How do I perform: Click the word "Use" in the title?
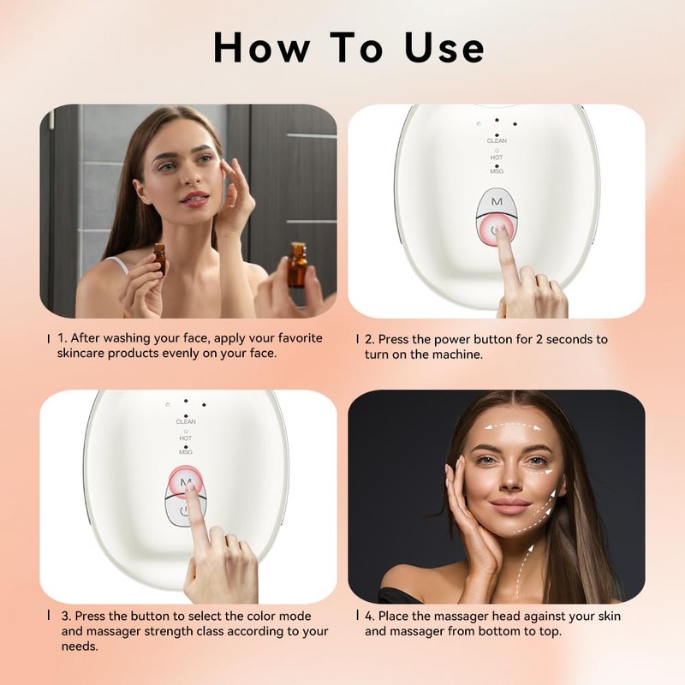click(x=444, y=48)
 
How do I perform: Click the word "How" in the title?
click(x=262, y=48)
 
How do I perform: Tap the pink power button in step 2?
click(x=497, y=230)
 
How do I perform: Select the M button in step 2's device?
click(x=497, y=202)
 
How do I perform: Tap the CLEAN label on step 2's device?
click(x=497, y=140)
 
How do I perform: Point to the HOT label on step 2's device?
click(x=497, y=158)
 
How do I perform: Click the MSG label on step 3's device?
click(x=186, y=452)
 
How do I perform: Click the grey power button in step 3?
click(x=184, y=511)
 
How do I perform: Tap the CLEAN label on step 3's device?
click(x=186, y=421)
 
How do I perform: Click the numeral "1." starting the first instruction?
click(x=63, y=338)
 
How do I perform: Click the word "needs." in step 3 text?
click(x=80, y=646)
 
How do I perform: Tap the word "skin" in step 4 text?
click(x=610, y=616)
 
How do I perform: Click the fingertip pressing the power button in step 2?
click(x=501, y=230)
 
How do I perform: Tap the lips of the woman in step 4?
click(x=510, y=507)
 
